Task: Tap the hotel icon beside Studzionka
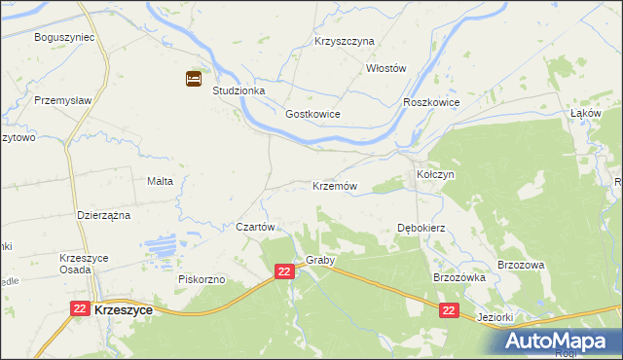(x=194, y=78)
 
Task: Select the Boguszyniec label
(x=63, y=37)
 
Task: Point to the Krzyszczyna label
(x=345, y=42)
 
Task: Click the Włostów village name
(x=385, y=68)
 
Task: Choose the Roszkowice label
(x=430, y=102)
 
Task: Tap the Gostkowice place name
(x=312, y=114)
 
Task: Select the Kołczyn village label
(x=436, y=173)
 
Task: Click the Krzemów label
(x=335, y=186)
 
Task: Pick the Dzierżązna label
(x=103, y=215)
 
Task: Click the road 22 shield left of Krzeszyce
(x=81, y=307)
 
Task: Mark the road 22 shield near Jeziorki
(x=448, y=310)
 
